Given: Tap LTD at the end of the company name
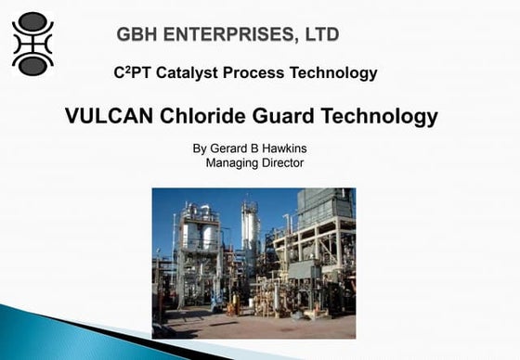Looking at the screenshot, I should coord(317,35).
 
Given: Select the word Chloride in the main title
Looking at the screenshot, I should coord(204,117).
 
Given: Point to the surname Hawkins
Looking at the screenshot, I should coord(282,148).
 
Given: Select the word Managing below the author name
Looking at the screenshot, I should coord(234,163).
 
